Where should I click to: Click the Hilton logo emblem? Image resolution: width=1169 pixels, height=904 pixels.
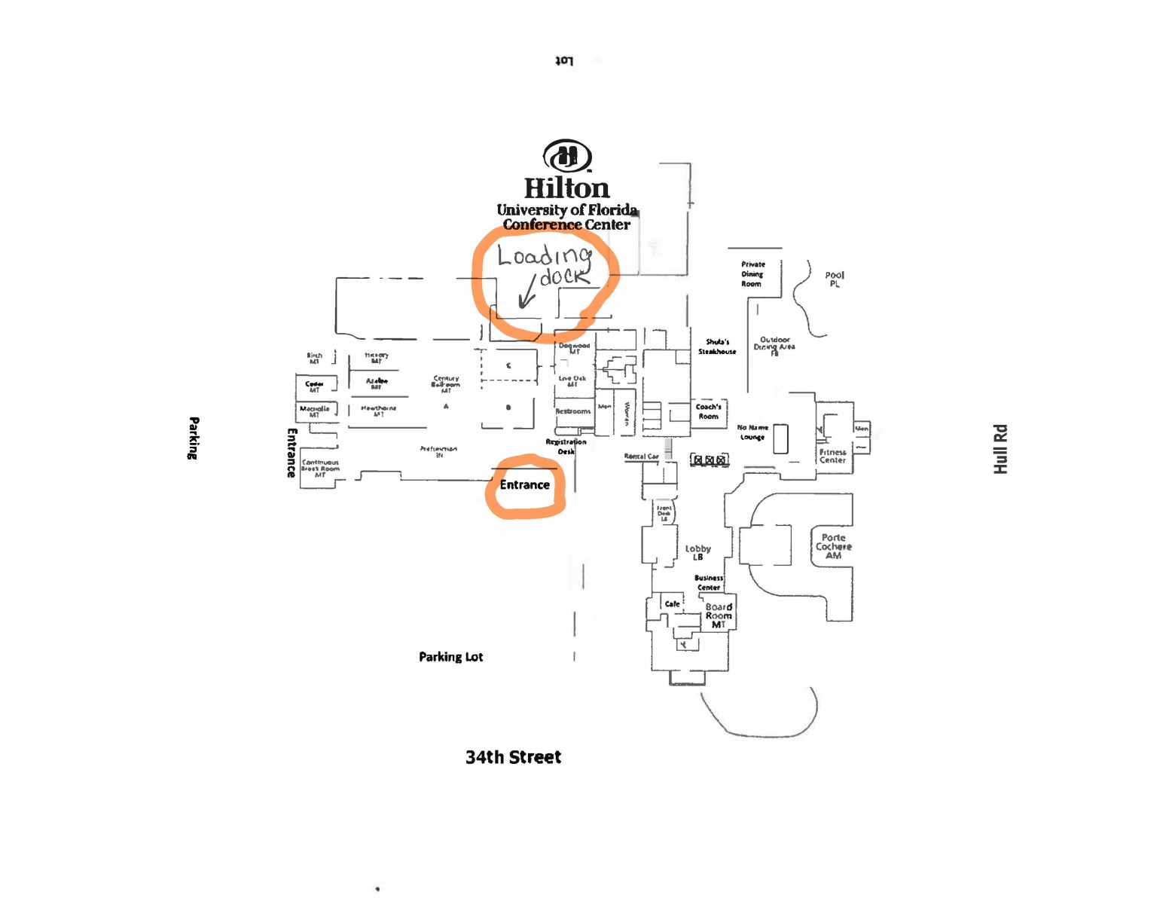click(567, 156)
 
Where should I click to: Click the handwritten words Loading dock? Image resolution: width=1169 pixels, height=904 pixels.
click(545, 265)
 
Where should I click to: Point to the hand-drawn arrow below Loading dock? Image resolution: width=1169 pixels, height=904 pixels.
click(528, 294)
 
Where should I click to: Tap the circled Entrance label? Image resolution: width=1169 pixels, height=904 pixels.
click(525, 485)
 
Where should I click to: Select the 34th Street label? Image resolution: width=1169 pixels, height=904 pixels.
click(513, 757)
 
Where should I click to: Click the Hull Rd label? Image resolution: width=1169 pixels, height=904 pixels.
click(1000, 449)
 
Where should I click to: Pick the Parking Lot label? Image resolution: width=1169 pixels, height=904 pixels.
click(450, 657)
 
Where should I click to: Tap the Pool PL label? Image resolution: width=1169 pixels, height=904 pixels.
click(835, 279)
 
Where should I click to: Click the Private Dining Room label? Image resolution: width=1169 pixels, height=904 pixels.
click(752, 274)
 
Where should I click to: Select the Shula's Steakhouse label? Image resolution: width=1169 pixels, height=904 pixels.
click(717, 347)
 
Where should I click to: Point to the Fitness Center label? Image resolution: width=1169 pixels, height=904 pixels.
click(832, 456)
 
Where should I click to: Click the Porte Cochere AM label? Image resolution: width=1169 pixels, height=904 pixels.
click(833, 546)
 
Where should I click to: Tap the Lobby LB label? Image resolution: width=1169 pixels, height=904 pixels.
click(697, 552)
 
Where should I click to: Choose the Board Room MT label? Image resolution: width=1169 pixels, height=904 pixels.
click(719, 615)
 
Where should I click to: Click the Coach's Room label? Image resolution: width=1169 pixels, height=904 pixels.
click(708, 411)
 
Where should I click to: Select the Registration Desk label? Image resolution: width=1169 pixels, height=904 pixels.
click(566, 447)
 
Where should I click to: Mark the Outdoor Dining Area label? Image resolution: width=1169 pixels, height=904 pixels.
click(774, 344)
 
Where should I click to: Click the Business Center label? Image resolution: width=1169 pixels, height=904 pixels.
click(709, 582)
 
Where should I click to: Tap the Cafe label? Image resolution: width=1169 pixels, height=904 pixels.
click(672, 604)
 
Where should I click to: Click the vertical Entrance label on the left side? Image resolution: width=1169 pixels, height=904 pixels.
click(291, 453)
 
